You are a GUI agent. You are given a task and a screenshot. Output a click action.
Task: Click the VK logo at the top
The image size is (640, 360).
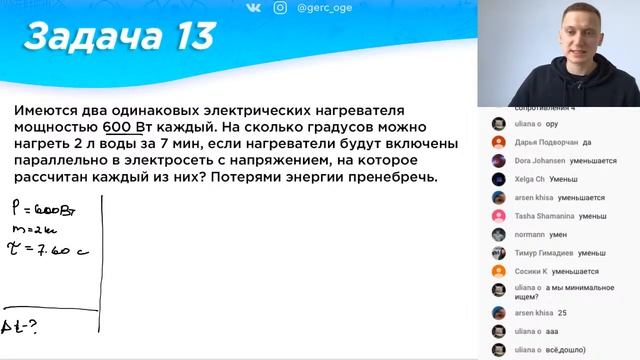point(252,8)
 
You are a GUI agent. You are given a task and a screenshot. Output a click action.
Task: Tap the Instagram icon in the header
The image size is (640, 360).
point(280,8)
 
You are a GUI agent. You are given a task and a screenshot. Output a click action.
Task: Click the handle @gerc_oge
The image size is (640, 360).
point(324,8)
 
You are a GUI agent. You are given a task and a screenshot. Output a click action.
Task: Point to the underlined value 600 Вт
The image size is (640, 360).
point(126,128)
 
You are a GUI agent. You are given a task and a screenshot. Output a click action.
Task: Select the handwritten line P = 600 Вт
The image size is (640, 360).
point(34,211)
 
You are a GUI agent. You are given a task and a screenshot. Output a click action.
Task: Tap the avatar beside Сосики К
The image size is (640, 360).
point(497,271)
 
